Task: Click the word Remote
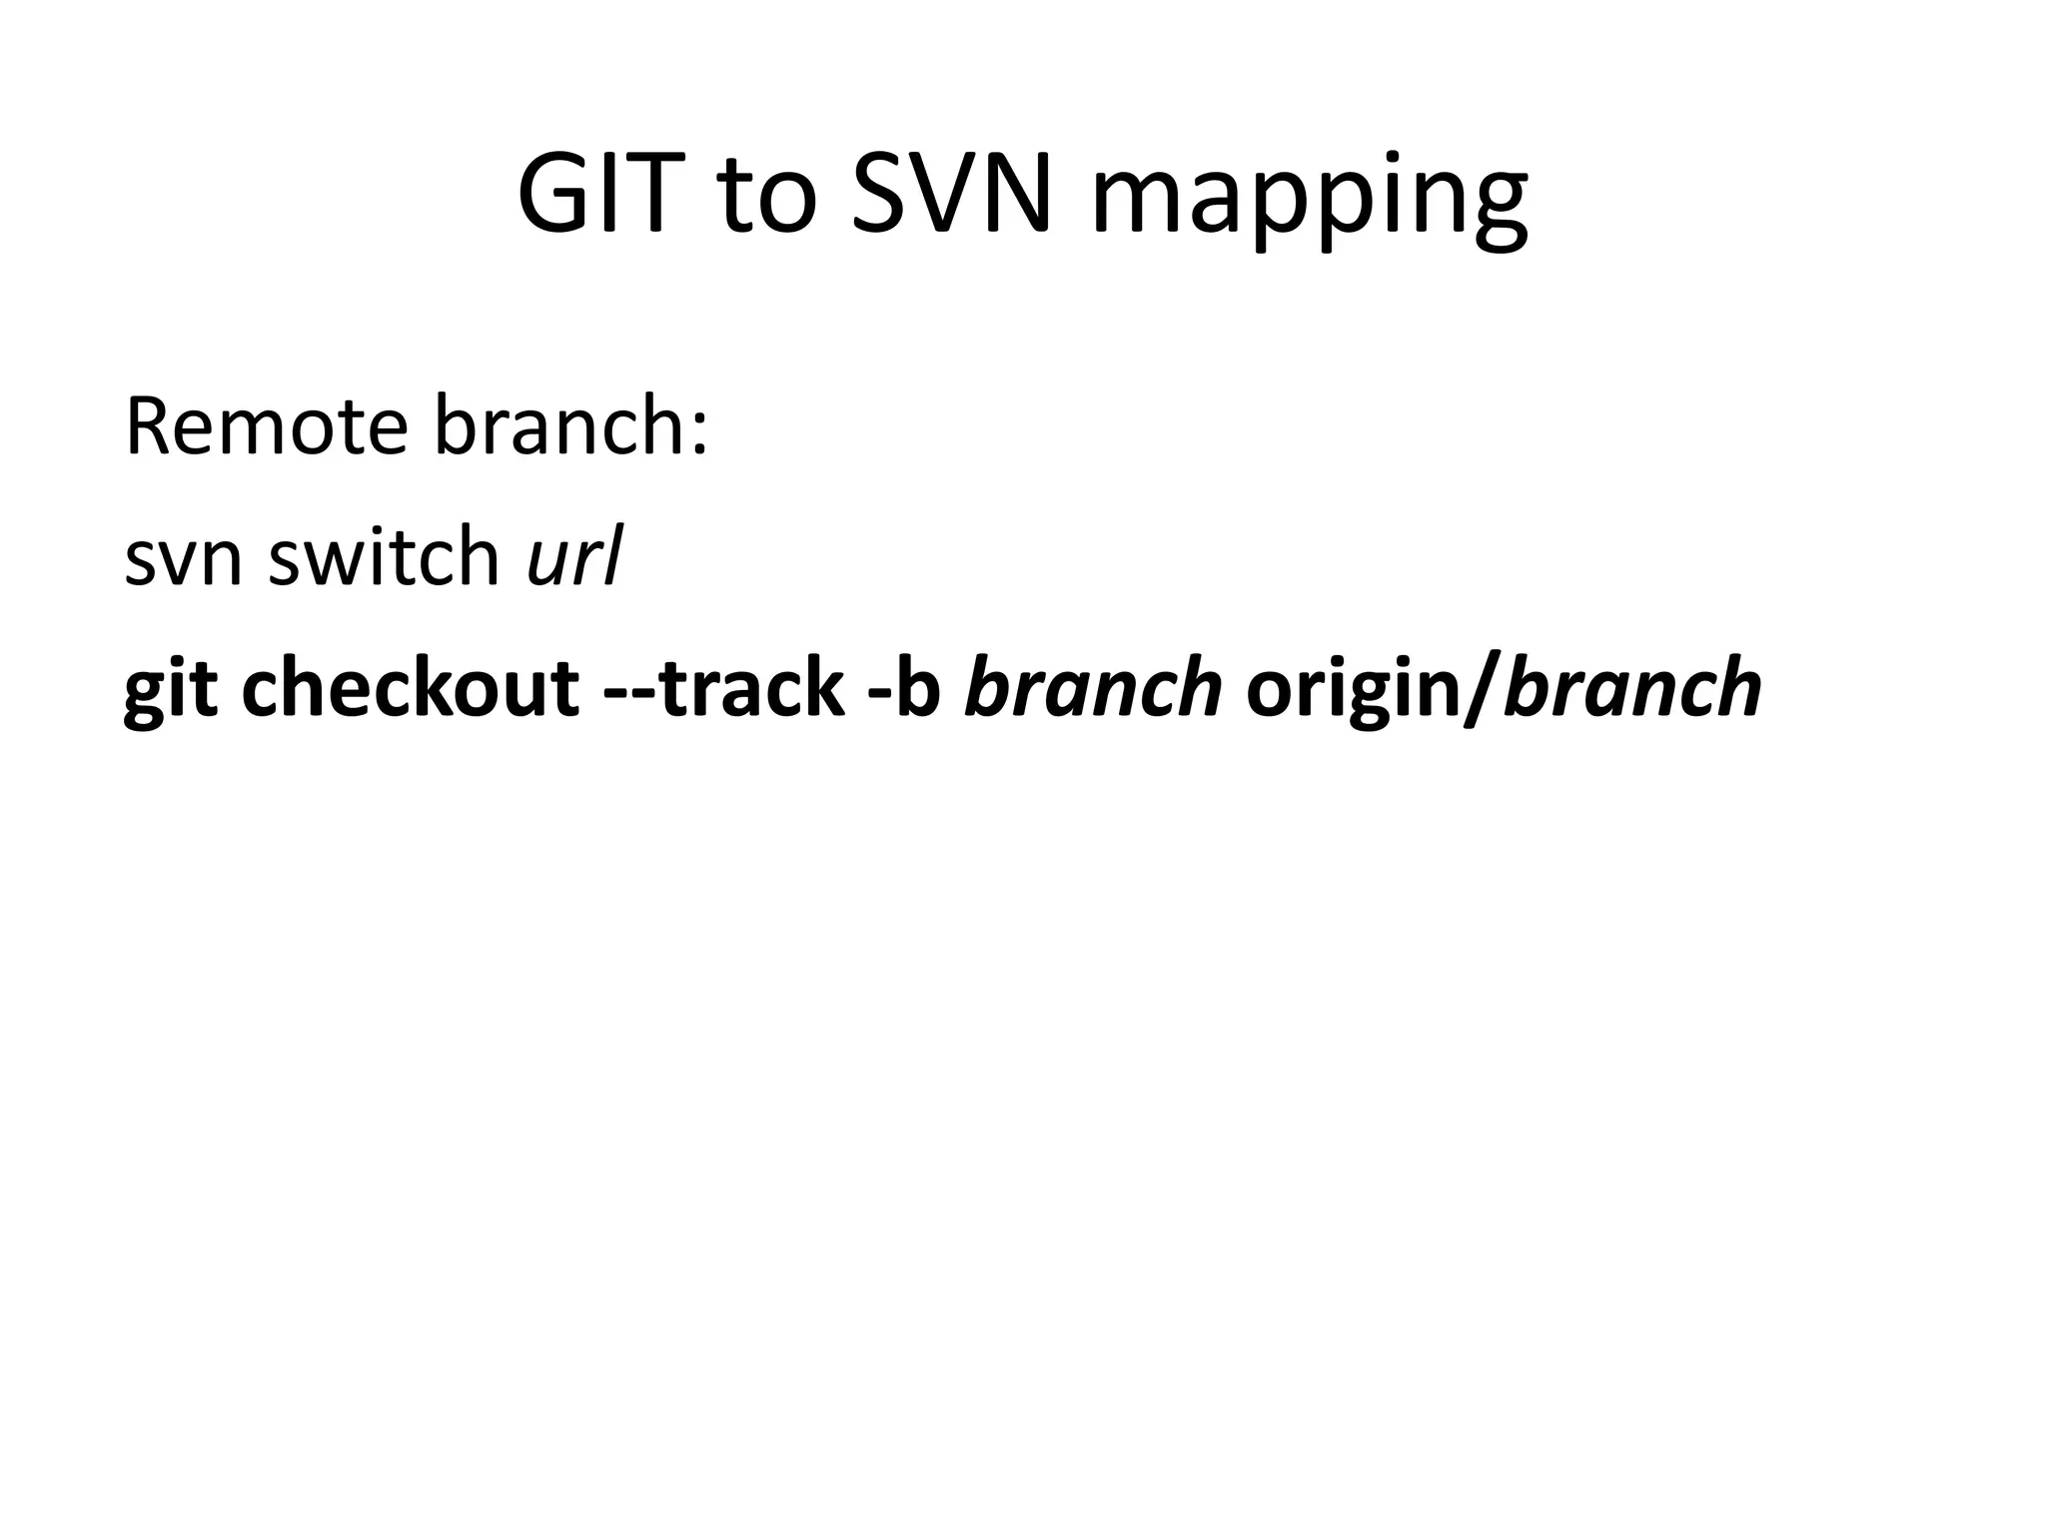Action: pyautogui.click(x=266, y=427)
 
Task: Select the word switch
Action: pyautogui.click(x=384, y=557)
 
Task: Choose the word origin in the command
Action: pyautogui.click(x=1353, y=689)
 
